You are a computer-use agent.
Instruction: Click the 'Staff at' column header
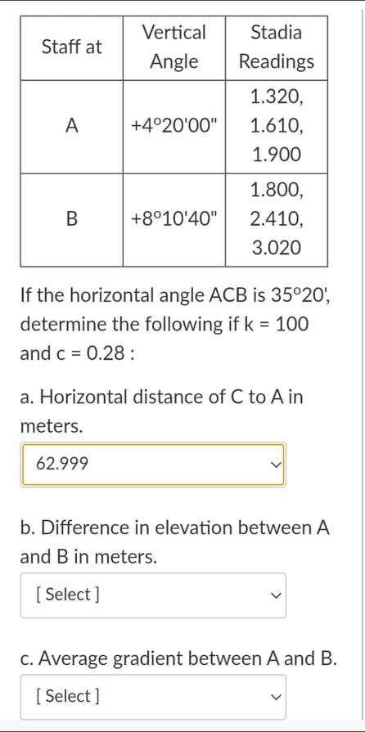pyautogui.click(x=72, y=47)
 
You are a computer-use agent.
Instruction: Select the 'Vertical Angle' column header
pyautogui.click(x=173, y=47)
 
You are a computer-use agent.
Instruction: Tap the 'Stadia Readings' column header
pyautogui.click(x=276, y=47)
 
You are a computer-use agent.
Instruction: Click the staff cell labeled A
pyautogui.click(x=72, y=126)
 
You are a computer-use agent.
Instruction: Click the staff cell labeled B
pyautogui.click(x=72, y=219)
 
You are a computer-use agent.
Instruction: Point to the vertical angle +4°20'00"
pyautogui.click(x=174, y=126)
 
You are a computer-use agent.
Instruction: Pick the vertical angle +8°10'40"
pyautogui.click(x=174, y=219)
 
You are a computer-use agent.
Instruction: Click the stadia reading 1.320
pyautogui.click(x=276, y=97)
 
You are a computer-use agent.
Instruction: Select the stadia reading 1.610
pyautogui.click(x=276, y=126)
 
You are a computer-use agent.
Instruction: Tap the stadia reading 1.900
pyautogui.click(x=276, y=154)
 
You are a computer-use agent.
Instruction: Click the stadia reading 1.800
pyautogui.click(x=276, y=191)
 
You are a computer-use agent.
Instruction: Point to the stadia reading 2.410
pyautogui.click(x=276, y=219)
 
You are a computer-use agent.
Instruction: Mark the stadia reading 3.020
pyautogui.click(x=276, y=247)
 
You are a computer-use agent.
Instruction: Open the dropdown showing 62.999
pyautogui.click(x=153, y=465)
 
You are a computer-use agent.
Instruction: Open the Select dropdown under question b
pyautogui.click(x=153, y=595)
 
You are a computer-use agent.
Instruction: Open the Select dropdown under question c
pyautogui.click(x=153, y=696)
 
